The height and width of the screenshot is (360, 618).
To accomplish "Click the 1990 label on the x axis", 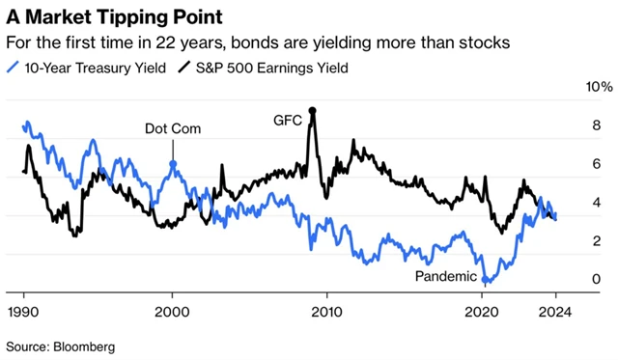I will (x=24, y=311).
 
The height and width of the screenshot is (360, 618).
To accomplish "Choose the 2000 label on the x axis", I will (x=172, y=311).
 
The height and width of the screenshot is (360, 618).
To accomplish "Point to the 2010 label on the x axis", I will (x=326, y=311).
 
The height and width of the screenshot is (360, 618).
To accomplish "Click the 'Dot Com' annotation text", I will (x=173, y=128).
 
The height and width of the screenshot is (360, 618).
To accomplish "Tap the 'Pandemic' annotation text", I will (x=445, y=277).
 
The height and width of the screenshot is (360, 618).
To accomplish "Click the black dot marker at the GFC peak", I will (x=311, y=111).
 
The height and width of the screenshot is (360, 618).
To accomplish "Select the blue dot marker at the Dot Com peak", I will (x=173, y=164).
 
